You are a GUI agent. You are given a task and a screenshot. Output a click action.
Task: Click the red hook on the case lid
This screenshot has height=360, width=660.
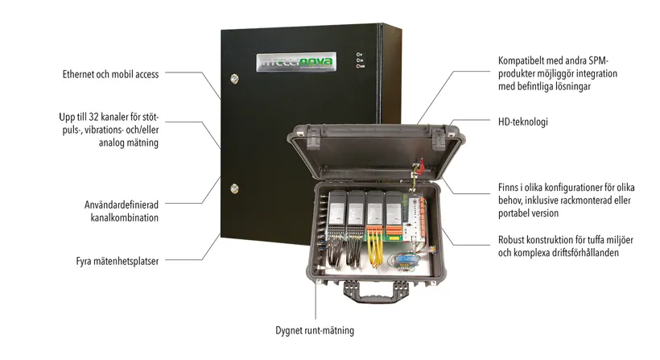[x=419, y=168]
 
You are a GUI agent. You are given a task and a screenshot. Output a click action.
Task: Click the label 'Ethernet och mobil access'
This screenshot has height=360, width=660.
[x=110, y=74]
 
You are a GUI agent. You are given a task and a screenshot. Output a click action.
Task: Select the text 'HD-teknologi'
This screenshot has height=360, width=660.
[x=524, y=122]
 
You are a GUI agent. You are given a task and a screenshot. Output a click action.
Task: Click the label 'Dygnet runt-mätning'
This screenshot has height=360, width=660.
[x=314, y=330]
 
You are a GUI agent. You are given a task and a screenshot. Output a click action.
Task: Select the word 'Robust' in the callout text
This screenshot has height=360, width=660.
[x=514, y=240]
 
